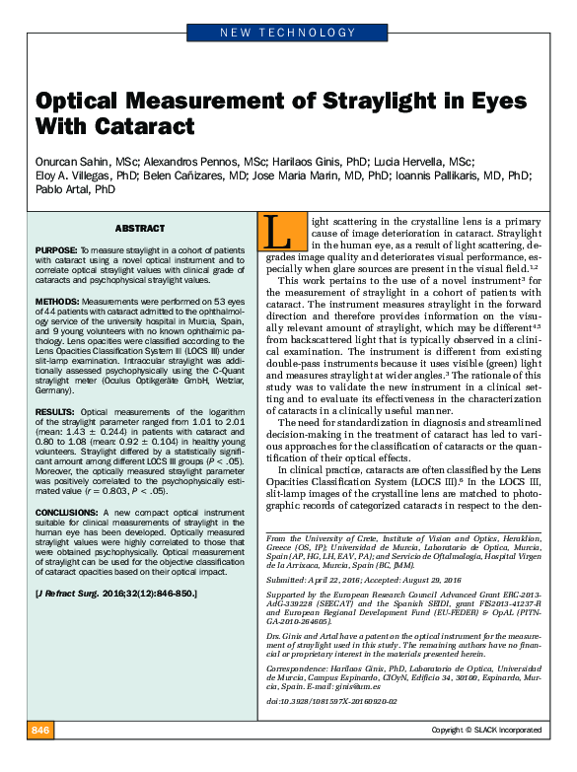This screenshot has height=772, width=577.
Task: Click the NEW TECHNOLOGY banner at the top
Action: pos(288,34)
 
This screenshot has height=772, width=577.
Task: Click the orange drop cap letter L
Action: pos(277,233)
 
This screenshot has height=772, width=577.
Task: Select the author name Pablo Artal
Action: pos(63,188)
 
